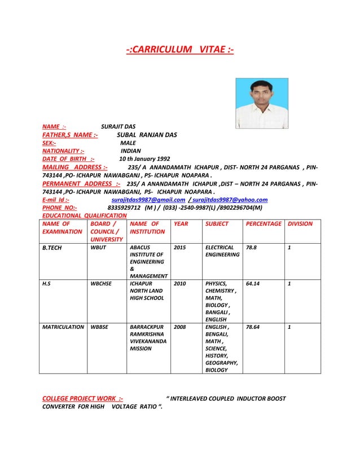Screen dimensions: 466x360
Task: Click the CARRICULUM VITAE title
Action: pyautogui.click(x=179, y=51)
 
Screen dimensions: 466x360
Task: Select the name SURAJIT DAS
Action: pyautogui.click(x=118, y=126)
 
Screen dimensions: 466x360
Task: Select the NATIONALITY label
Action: pyautogui.click(x=64, y=151)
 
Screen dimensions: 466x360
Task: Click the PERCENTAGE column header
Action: pyautogui.click(x=264, y=224)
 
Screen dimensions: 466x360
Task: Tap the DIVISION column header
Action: pyautogui.click(x=300, y=224)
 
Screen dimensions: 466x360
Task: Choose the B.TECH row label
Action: pyautogui.click(x=52, y=247)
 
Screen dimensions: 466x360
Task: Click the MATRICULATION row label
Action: pyautogui.click(x=63, y=327)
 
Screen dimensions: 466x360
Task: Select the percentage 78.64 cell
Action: pyautogui.click(x=253, y=327)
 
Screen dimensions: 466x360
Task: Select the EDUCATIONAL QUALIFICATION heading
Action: pyautogui.click(x=85, y=216)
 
